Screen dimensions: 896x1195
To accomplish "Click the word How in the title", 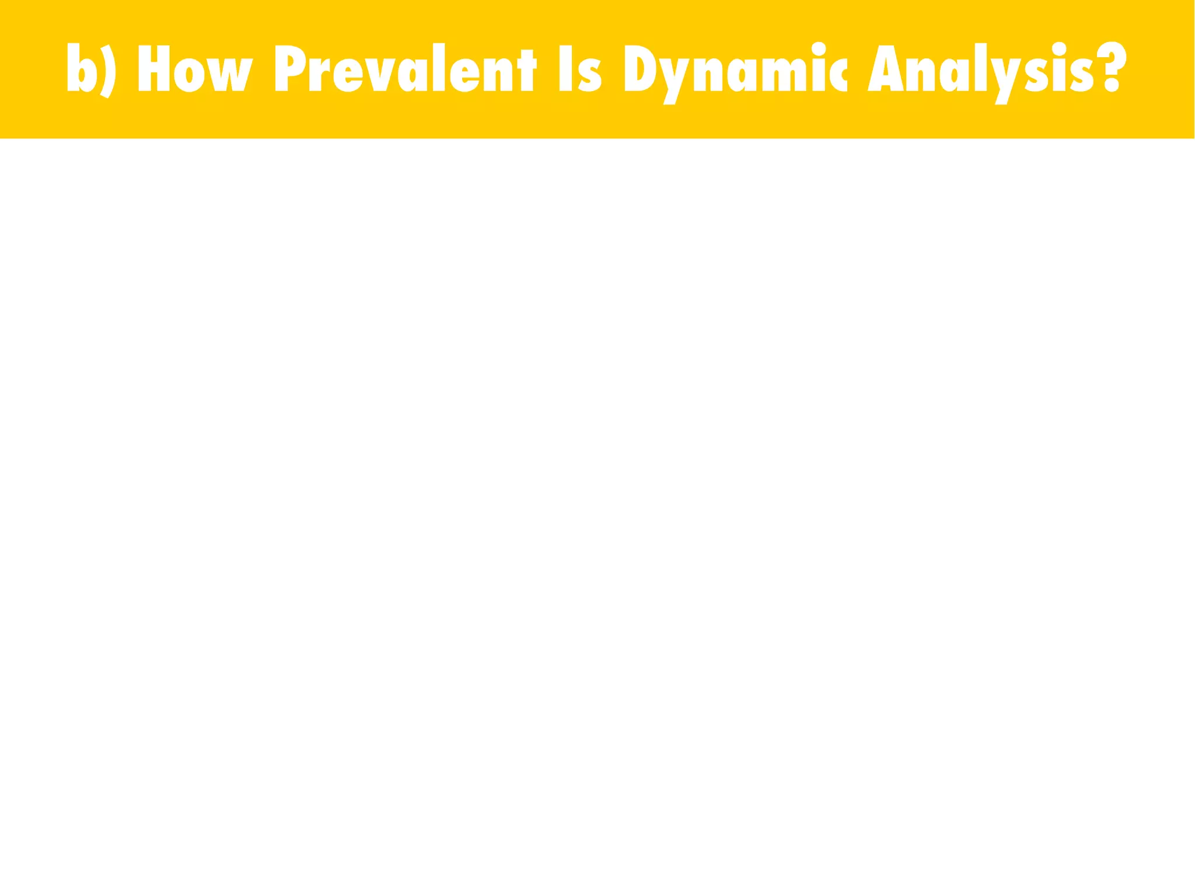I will coord(195,68).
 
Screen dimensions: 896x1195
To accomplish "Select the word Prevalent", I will coord(404,68).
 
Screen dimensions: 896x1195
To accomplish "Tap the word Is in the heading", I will coord(580,69).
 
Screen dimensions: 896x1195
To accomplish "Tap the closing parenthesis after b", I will coord(108,70).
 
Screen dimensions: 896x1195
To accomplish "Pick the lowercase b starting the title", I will coord(81,68).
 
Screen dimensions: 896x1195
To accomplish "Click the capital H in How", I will coord(153,68).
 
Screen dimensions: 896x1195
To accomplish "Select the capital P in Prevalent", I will coord(289,68).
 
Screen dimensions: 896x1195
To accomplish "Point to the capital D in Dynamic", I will coord(640,68).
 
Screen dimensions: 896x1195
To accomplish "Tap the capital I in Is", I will coord(565,68).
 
